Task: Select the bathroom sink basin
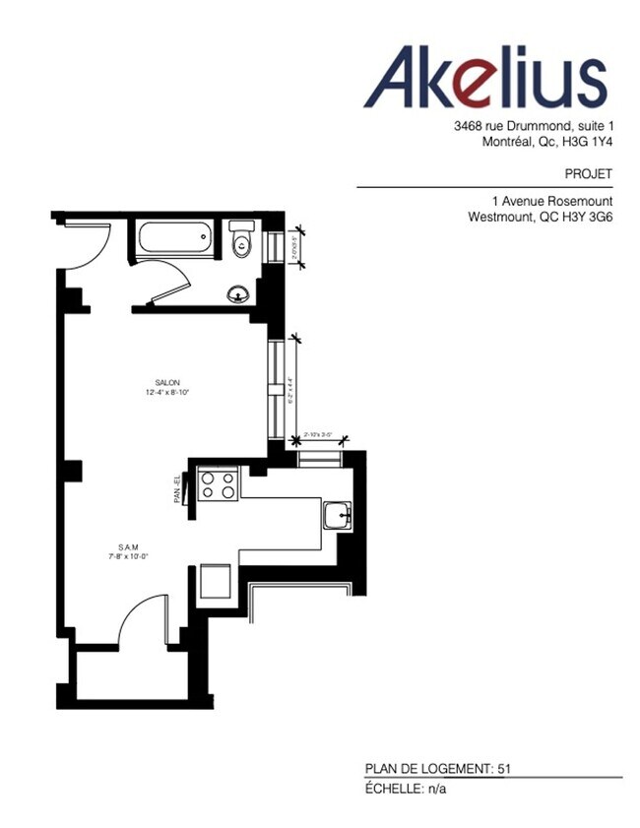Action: [237, 293]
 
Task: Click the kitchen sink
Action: [338, 515]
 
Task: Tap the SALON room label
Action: [166, 382]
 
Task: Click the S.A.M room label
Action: [127, 546]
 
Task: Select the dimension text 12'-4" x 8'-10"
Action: [165, 392]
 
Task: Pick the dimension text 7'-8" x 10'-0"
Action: [127, 556]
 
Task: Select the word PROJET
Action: [591, 174]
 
